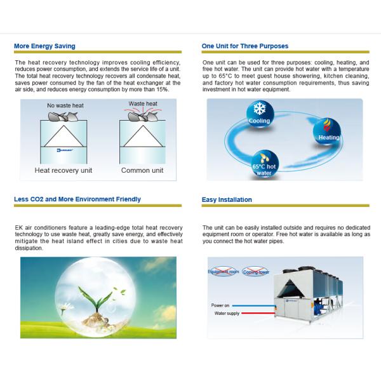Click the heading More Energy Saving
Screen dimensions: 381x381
pos(44,46)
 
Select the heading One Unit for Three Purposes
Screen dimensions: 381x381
pos(244,46)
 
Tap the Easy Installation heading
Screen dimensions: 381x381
pos(227,200)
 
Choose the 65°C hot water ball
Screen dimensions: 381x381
pos(265,163)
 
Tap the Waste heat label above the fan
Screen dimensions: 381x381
pos(143,103)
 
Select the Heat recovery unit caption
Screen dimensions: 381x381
pos(63,170)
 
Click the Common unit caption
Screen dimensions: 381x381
pos(142,170)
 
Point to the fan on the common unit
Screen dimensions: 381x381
pos(143,116)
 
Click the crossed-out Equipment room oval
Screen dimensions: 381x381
pos(223,271)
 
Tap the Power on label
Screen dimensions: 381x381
pos(220,305)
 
